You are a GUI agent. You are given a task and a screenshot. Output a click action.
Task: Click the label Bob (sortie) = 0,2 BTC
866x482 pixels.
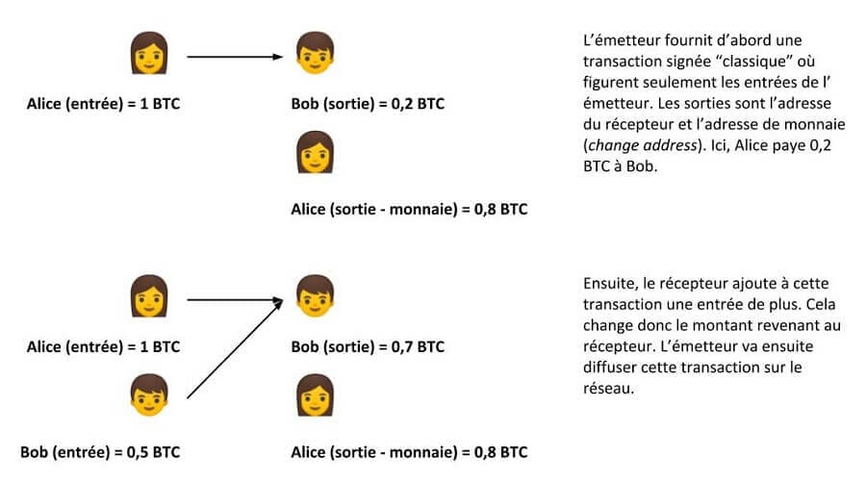367,104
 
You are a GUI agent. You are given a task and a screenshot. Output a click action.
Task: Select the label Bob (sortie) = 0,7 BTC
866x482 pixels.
367,345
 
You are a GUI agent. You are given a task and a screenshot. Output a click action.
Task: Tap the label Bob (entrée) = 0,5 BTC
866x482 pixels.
100,451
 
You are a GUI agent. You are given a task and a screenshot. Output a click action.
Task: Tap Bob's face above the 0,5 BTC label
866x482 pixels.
148,394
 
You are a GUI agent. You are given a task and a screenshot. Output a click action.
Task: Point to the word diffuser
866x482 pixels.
613,367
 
